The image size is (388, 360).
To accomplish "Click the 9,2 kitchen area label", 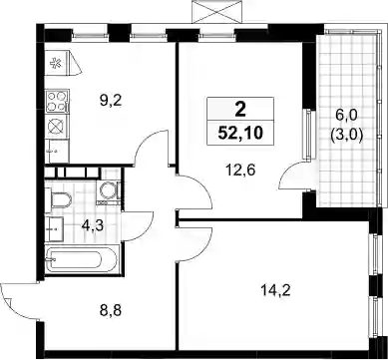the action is point(112,100).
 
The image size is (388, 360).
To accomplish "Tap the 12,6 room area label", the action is point(240,171).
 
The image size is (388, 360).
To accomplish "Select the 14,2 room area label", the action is point(276,291).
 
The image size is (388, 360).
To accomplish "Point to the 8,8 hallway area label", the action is point(112,311).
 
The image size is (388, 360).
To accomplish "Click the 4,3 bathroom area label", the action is point(93,226).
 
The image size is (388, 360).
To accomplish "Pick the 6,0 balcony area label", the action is point(346,117).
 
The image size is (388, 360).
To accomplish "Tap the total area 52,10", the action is point(240,134).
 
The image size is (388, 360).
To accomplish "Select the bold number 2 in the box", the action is point(240,110).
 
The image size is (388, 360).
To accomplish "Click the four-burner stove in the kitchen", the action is point(57,102).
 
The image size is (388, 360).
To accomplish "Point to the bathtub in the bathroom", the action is point(81,259).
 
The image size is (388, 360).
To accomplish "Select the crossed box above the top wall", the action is point(216,12).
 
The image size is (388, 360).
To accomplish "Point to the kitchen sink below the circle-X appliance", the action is point(57,152).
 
